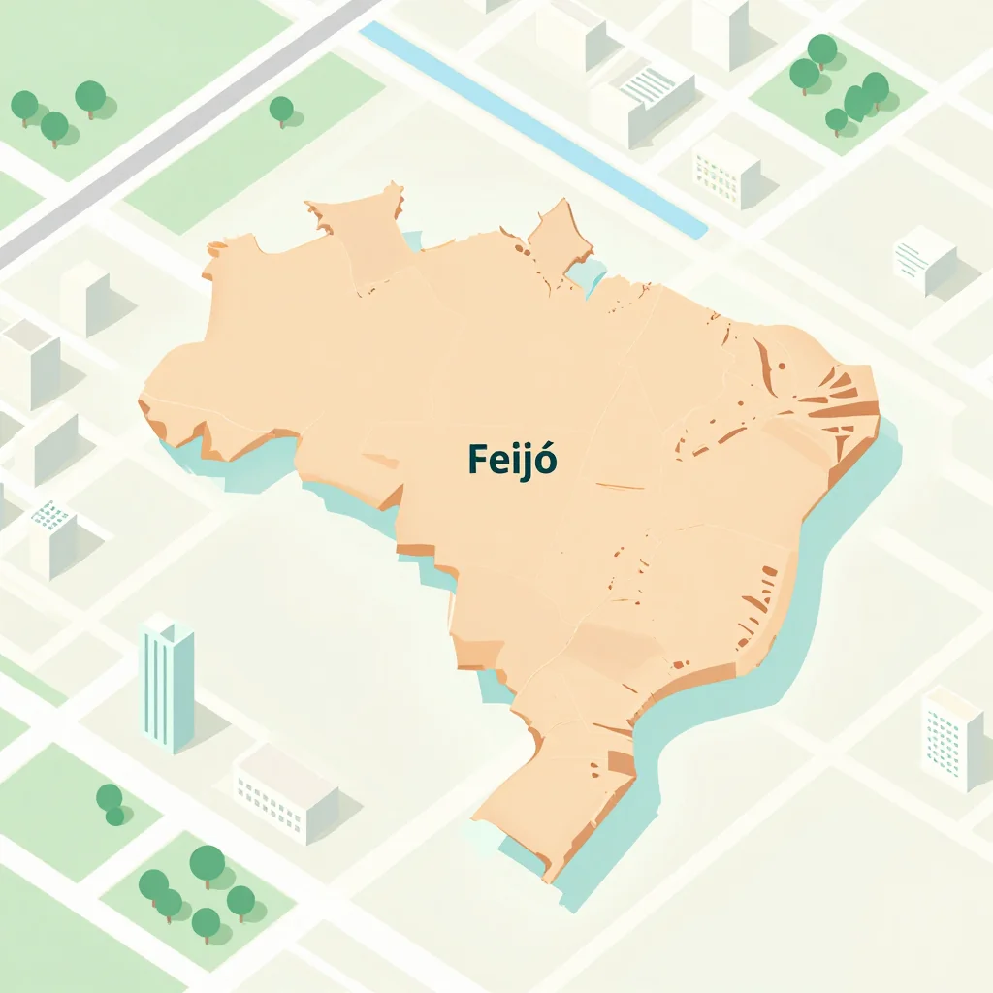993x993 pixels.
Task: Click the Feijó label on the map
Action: [512, 460]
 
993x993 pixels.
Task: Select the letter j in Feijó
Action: [525, 462]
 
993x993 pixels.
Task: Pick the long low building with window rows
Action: [285, 792]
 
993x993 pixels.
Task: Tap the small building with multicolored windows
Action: [725, 171]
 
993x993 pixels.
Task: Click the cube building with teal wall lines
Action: [923, 258]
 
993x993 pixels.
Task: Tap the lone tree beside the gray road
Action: [281, 110]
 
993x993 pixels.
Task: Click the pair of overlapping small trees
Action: [111, 804]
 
